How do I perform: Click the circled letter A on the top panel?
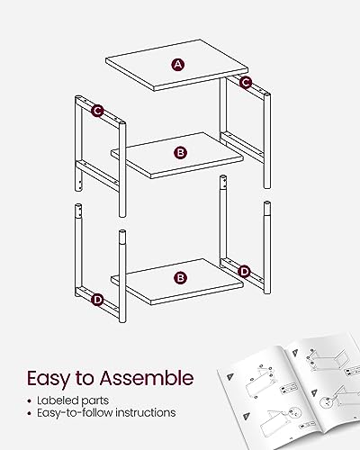[x=178, y=65]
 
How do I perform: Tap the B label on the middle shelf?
[x=180, y=153]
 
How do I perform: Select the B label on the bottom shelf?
[x=180, y=278]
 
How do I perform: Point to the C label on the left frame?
[x=97, y=111]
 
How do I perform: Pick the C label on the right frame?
[x=246, y=82]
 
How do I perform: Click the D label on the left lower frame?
[x=97, y=300]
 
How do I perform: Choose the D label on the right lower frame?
[x=245, y=272]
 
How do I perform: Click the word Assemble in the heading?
[x=147, y=378]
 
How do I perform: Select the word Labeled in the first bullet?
[x=54, y=400]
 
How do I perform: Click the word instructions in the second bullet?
[x=146, y=413]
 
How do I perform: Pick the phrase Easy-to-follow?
[x=75, y=413]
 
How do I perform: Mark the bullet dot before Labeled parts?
[x=29, y=401]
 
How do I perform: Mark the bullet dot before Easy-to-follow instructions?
[x=29, y=413]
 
